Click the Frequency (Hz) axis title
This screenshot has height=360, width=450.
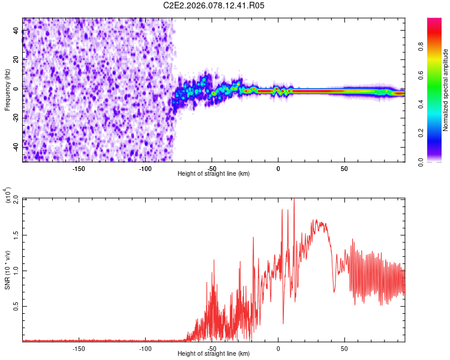7,90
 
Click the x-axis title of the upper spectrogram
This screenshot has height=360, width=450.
214,174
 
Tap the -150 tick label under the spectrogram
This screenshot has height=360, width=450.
79,168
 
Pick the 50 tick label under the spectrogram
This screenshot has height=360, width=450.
344,168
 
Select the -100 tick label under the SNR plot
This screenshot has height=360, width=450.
145,349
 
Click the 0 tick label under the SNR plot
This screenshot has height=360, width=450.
278,349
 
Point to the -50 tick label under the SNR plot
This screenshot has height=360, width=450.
212,349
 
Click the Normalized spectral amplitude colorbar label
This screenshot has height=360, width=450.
445,90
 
